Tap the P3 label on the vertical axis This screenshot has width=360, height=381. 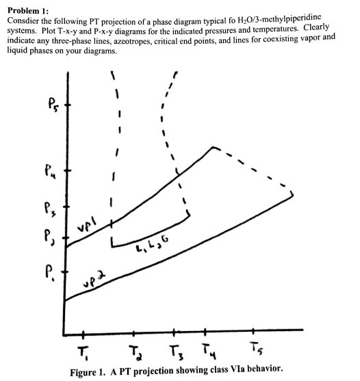pos(43,206)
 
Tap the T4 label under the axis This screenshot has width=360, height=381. pos(205,353)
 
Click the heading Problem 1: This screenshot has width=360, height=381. pos(27,6)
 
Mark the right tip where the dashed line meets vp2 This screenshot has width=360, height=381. pos(294,194)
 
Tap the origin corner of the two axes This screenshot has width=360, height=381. pos(64,334)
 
